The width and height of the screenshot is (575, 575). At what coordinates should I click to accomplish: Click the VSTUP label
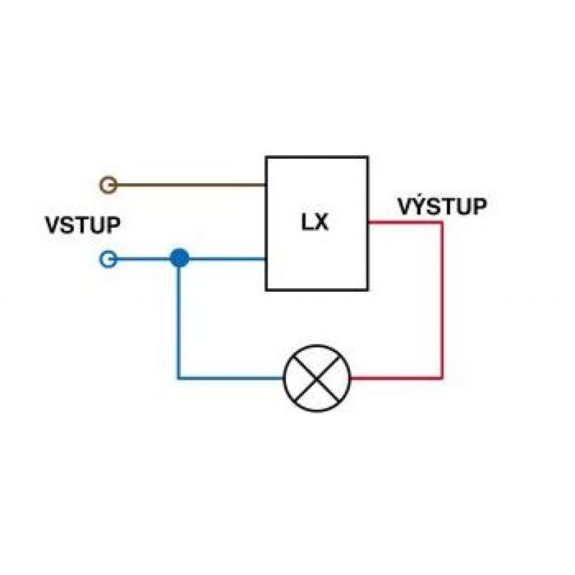pos(83,225)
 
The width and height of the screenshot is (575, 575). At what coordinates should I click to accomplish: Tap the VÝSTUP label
pos(442,206)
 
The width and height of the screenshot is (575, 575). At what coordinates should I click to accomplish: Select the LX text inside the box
pos(315,222)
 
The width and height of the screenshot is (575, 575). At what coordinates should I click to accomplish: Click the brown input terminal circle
pos(109,185)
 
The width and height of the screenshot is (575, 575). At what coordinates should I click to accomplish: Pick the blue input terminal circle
pos(109,259)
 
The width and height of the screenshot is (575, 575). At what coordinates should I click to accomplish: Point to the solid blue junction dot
pos(180,258)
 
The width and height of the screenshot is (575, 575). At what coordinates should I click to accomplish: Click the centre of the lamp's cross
pos(316,379)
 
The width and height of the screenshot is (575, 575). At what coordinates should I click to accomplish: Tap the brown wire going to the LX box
pos(191,185)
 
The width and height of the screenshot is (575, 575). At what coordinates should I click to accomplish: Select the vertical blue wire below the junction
pos(178,318)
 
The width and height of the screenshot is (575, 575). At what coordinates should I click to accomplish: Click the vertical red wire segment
pos(441,300)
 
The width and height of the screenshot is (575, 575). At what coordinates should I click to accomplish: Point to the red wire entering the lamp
pos(396,378)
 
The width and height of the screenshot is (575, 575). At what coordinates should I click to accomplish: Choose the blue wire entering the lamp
pos(231,378)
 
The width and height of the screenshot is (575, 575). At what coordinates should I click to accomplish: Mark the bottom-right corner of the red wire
pos(441,378)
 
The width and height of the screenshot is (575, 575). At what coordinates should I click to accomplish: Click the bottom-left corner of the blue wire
pos(178,378)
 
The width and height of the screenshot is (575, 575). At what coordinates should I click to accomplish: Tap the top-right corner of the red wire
pos(441,222)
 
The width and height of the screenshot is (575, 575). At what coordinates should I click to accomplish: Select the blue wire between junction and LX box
pos(227,259)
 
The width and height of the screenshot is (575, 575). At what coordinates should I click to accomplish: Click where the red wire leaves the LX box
pos(368,222)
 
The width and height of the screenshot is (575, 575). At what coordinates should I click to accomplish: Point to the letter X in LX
pos(321,222)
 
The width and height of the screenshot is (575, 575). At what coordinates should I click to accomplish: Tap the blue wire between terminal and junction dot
pos(144,259)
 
